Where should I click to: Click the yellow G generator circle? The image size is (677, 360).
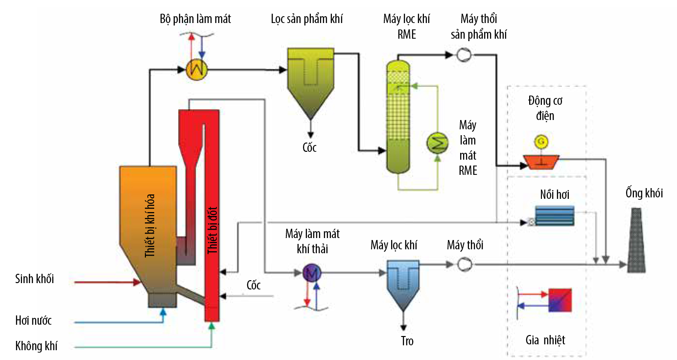(x=541, y=142)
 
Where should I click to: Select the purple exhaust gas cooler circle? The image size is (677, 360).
(x=311, y=273)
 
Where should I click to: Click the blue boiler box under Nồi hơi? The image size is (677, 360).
(x=554, y=215)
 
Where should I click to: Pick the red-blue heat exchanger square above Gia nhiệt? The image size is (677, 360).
(x=560, y=300)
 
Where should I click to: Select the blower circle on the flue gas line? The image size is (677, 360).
(x=463, y=264)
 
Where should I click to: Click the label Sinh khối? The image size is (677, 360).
(x=34, y=279)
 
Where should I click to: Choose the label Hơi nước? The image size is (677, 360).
(x=33, y=321)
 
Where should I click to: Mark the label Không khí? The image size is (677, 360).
(x=36, y=346)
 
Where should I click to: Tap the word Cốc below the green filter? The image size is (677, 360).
(x=309, y=147)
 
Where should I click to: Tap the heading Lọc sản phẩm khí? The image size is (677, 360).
(x=307, y=20)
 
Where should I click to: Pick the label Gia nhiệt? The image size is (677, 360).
(x=545, y=339)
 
